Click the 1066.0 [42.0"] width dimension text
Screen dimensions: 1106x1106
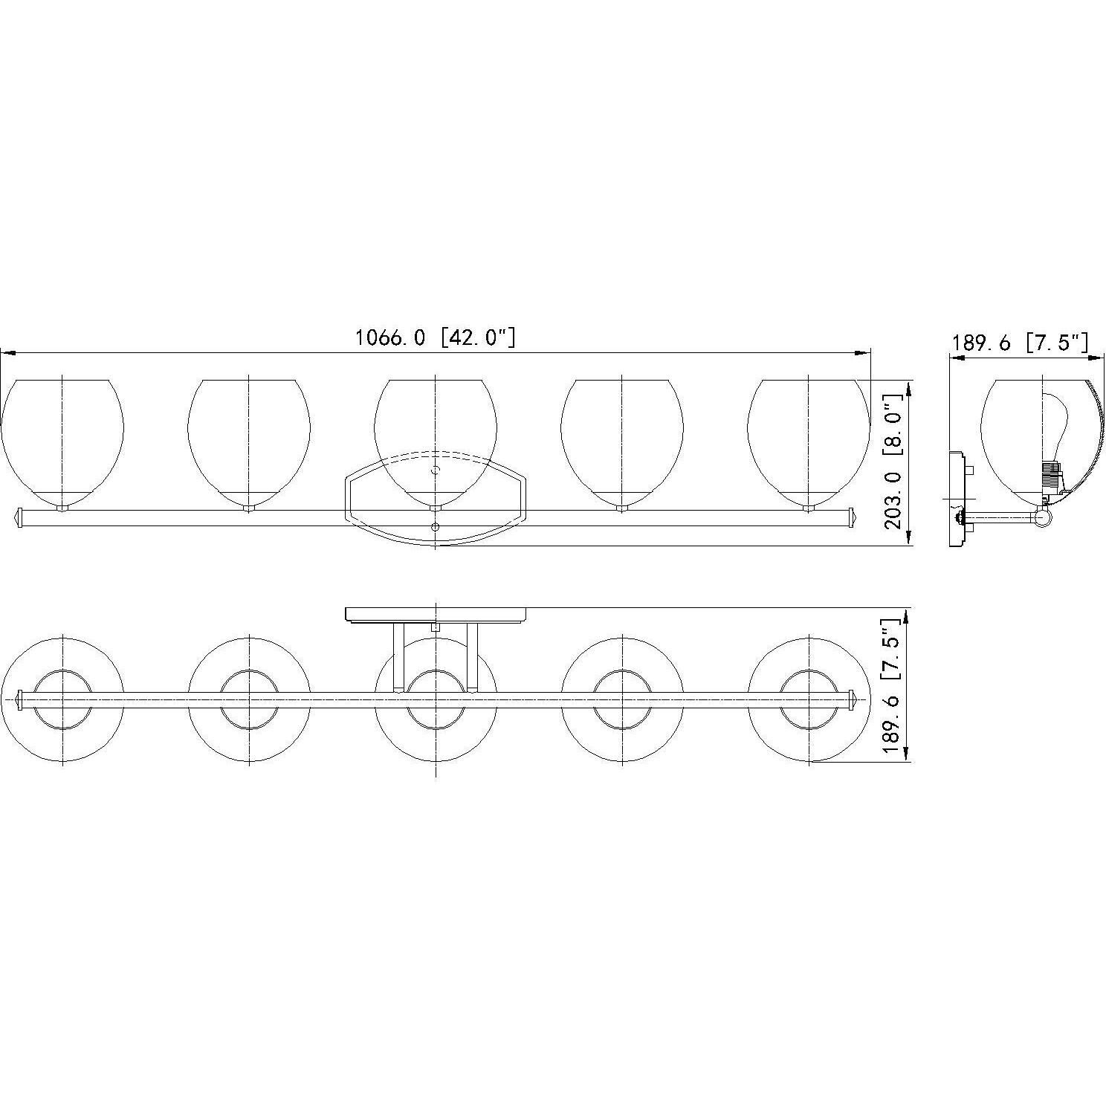[435, 338]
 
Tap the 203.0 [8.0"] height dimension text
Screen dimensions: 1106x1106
[894, 462]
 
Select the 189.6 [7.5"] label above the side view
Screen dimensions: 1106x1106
[1020, 343]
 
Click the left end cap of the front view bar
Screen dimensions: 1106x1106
[20, 517]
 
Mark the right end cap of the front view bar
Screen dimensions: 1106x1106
[853, 517]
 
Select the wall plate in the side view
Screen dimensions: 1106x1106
[957, 499]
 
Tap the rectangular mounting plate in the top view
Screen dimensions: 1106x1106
[436, 615]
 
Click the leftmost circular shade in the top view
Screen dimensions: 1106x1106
[62, 699]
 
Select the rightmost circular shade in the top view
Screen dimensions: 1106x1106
[809, 699]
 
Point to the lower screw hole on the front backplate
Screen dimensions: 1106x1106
[436, 527]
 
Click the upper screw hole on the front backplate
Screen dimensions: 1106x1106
[436, 470]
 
